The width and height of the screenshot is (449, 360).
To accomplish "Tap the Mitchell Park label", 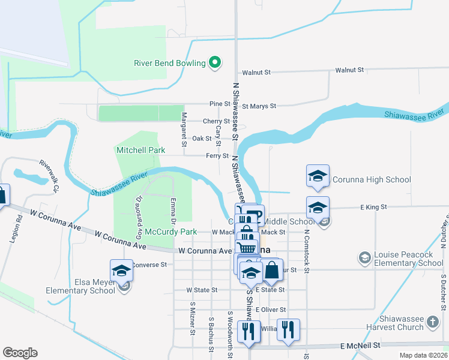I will tap(140, 149).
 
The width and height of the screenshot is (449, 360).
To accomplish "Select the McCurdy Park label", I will tap(174, 232).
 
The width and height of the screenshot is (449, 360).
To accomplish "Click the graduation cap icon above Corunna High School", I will tap(318, 176).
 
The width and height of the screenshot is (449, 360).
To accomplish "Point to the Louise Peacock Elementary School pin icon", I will tap(364, 258).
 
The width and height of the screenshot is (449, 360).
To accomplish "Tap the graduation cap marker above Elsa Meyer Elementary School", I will tap(121, 270).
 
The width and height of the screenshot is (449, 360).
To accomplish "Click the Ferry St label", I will tap(217, 155).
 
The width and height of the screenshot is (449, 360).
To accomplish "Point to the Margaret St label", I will tap(184, 129).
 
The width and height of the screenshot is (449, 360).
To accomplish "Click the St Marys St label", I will tap(259, 106).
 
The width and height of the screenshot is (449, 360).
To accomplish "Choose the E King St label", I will tap(373, 207).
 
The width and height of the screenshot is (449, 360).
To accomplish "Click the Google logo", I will tap(20, 353).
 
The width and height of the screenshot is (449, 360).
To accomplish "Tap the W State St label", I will tap(202, 290).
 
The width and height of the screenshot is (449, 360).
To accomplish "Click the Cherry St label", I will tap(212, 121).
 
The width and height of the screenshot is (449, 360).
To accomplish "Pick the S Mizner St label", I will tap(193, 326).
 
